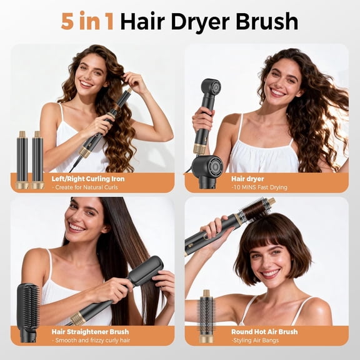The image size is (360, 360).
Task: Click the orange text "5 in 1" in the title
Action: click(x=87, y=21)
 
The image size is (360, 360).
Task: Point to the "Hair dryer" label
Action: click(x=247, y=179)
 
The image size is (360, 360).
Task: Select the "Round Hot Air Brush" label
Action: click(x=264, y=331)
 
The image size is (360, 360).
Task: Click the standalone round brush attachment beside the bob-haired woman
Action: click(x=207, y=316)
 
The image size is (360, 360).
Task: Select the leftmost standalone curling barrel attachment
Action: click(x=22, y=160)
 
